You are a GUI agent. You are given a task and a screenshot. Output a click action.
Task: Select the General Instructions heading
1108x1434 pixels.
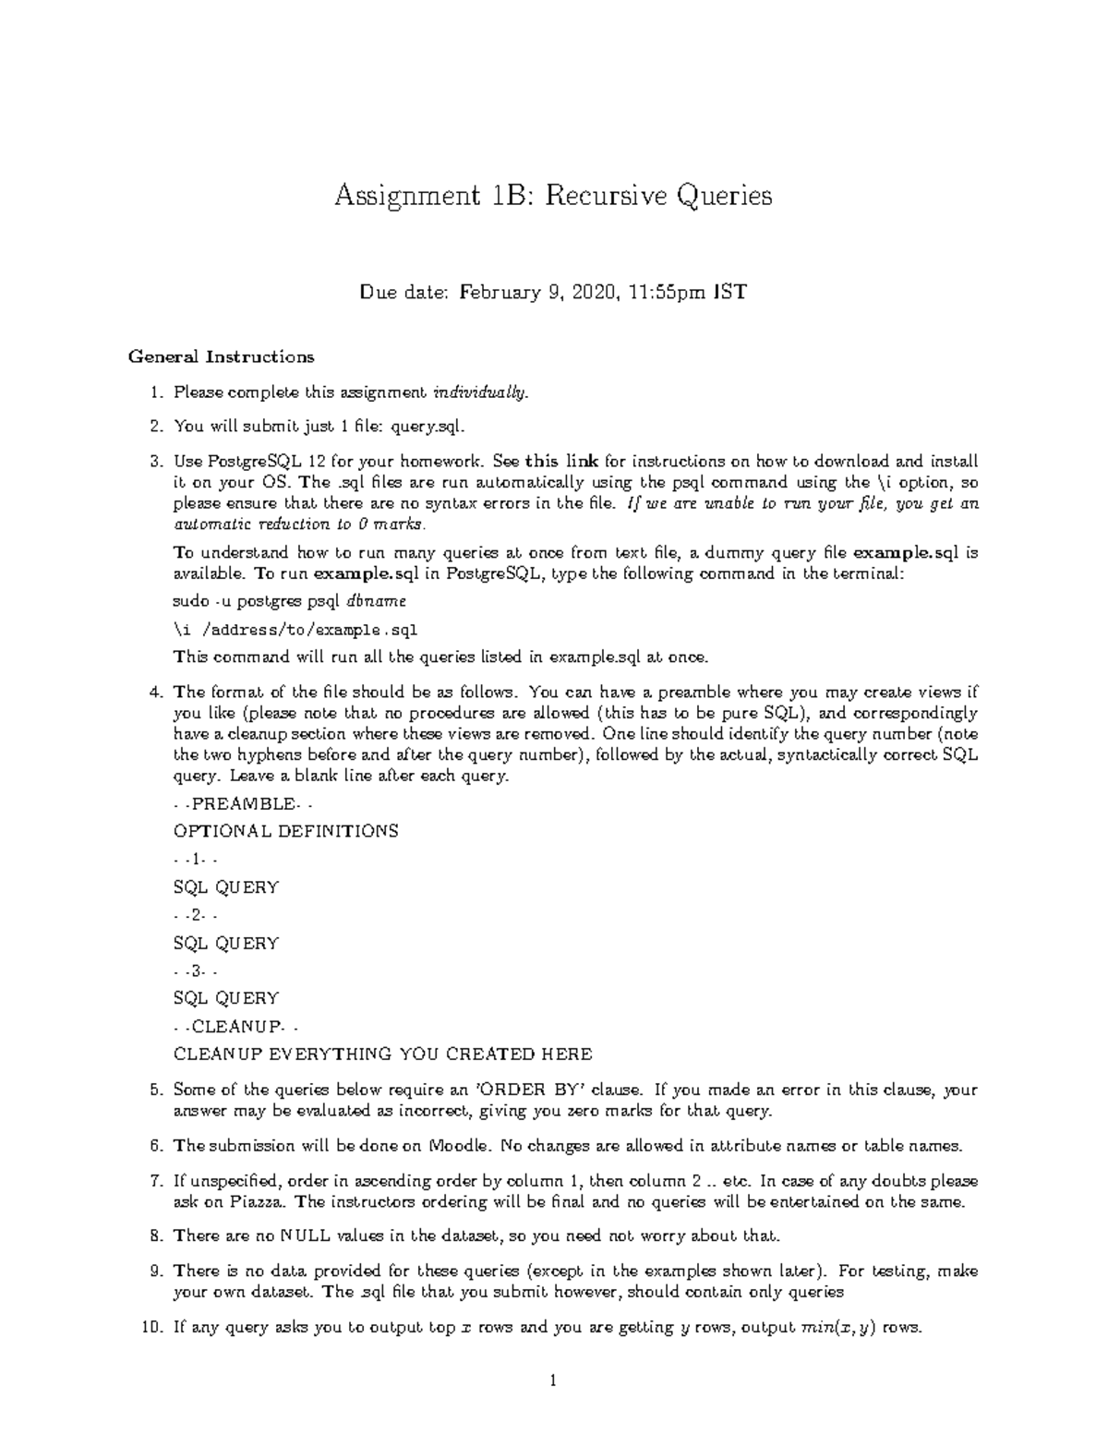(x=222, y=356)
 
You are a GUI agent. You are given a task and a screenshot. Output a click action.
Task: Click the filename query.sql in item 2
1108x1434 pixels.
(x=422, y=427)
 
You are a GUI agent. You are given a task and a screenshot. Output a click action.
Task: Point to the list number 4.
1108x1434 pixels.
(x=156, y=692)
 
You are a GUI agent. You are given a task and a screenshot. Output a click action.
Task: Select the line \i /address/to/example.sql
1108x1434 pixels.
(x=295, y=630)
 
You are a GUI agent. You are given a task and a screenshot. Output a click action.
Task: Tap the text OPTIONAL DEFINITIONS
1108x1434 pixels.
(x=286, y=831)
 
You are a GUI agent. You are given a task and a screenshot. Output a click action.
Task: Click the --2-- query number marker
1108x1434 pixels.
(x=195, y=915)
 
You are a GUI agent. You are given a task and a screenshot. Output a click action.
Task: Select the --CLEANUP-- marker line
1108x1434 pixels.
(x=235, y=1026)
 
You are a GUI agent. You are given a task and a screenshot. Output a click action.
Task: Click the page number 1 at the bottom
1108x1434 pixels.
(x=553, y=1381)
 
